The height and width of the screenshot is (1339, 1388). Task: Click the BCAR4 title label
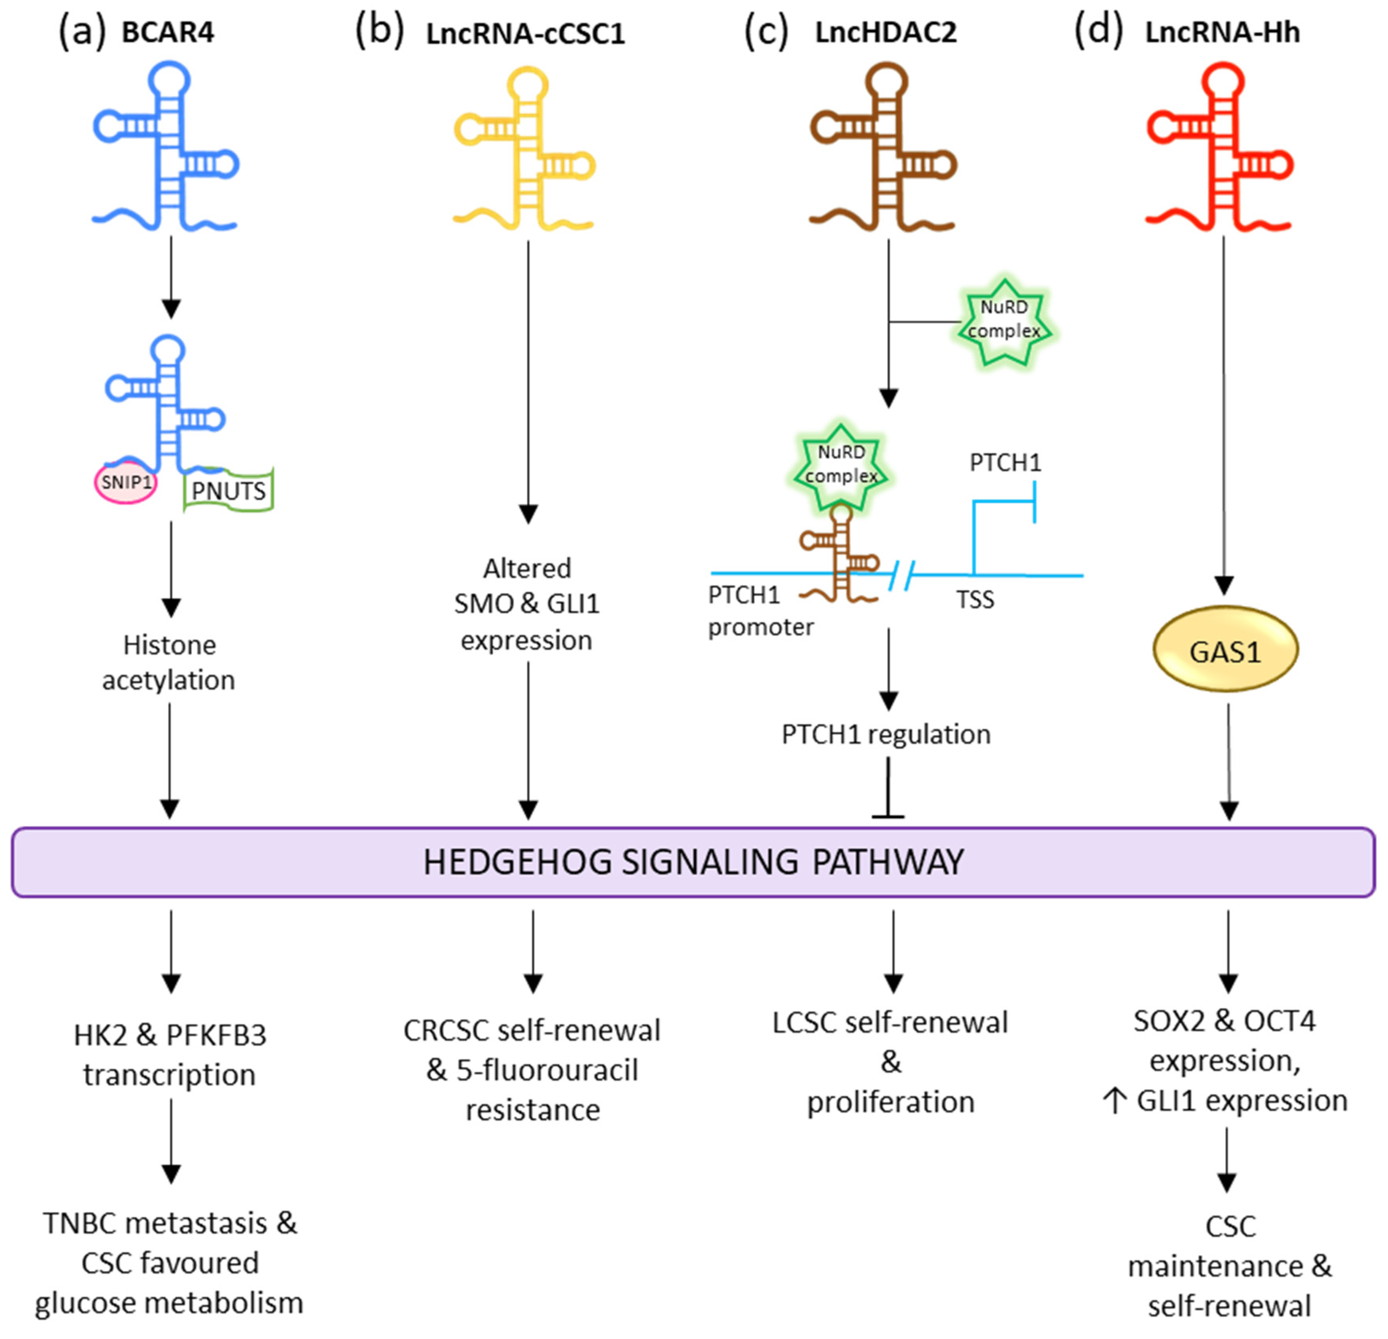pos(168,33)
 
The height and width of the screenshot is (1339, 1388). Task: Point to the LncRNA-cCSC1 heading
pos(526,34)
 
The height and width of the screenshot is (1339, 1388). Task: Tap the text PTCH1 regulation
pos(886,735)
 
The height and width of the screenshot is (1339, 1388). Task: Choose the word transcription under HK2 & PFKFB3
pos(169,1074)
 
